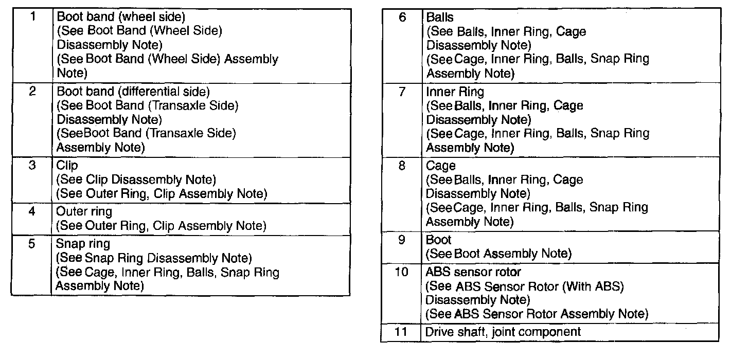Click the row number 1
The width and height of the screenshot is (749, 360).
(x=32, y=16)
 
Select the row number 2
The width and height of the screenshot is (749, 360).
(x=32, y=91)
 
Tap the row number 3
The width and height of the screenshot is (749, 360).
(x=32, y=165)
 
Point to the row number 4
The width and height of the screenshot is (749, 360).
(x=32, y=211)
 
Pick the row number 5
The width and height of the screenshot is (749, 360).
(x=32, y=243)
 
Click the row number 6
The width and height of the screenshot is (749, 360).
(x=402, y=17)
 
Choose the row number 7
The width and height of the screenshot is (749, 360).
(x=402, y=92)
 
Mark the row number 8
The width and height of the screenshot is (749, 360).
(x=402, y=166)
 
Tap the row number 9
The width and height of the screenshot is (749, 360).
(x=402, y=240)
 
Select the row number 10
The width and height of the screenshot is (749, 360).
(x=401, y=272)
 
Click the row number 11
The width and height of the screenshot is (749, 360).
(x=401, y=332)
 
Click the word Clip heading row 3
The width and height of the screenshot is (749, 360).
(x=67, y=166)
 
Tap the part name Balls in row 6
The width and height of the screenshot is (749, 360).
(x=440, y=17)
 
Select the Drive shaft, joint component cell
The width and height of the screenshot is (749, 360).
(x=503, y=332)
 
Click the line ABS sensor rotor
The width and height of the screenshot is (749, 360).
(x=473, y=272)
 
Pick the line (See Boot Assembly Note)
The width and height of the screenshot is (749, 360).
(x=498, y=254)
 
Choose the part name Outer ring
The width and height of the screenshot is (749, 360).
(x=84, y=211)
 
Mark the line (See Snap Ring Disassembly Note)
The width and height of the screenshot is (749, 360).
(x=154, y=258)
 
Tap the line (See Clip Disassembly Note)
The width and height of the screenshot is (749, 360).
(x=136, y=179)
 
